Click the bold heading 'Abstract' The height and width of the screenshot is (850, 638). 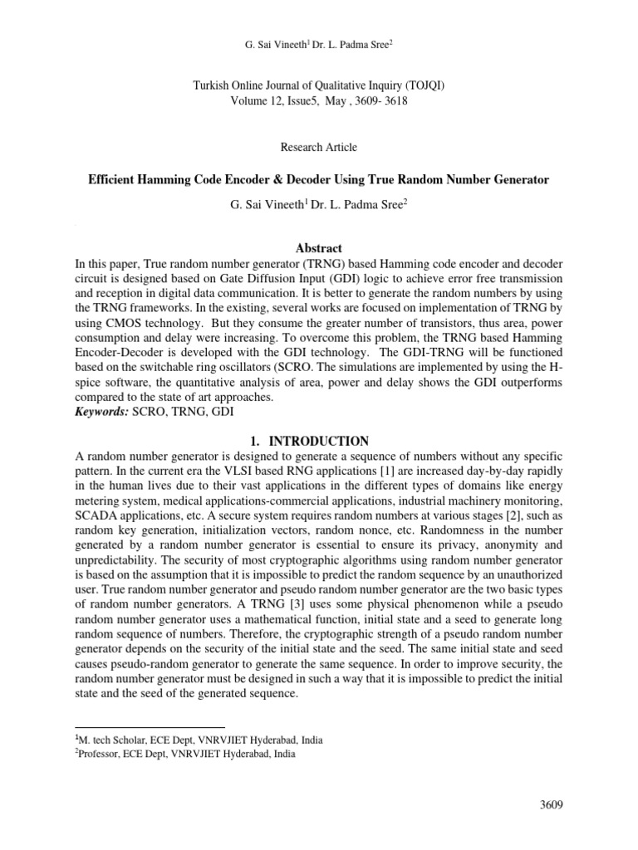pyautogui.click(x=319, y=248)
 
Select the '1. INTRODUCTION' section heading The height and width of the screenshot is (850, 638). pyautogui.click(x=319, y=441)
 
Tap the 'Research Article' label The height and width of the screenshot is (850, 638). pyautogui.click(x=319, y=147)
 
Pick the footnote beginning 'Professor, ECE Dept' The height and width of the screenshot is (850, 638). pyautogui.click(x=184, y=755)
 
